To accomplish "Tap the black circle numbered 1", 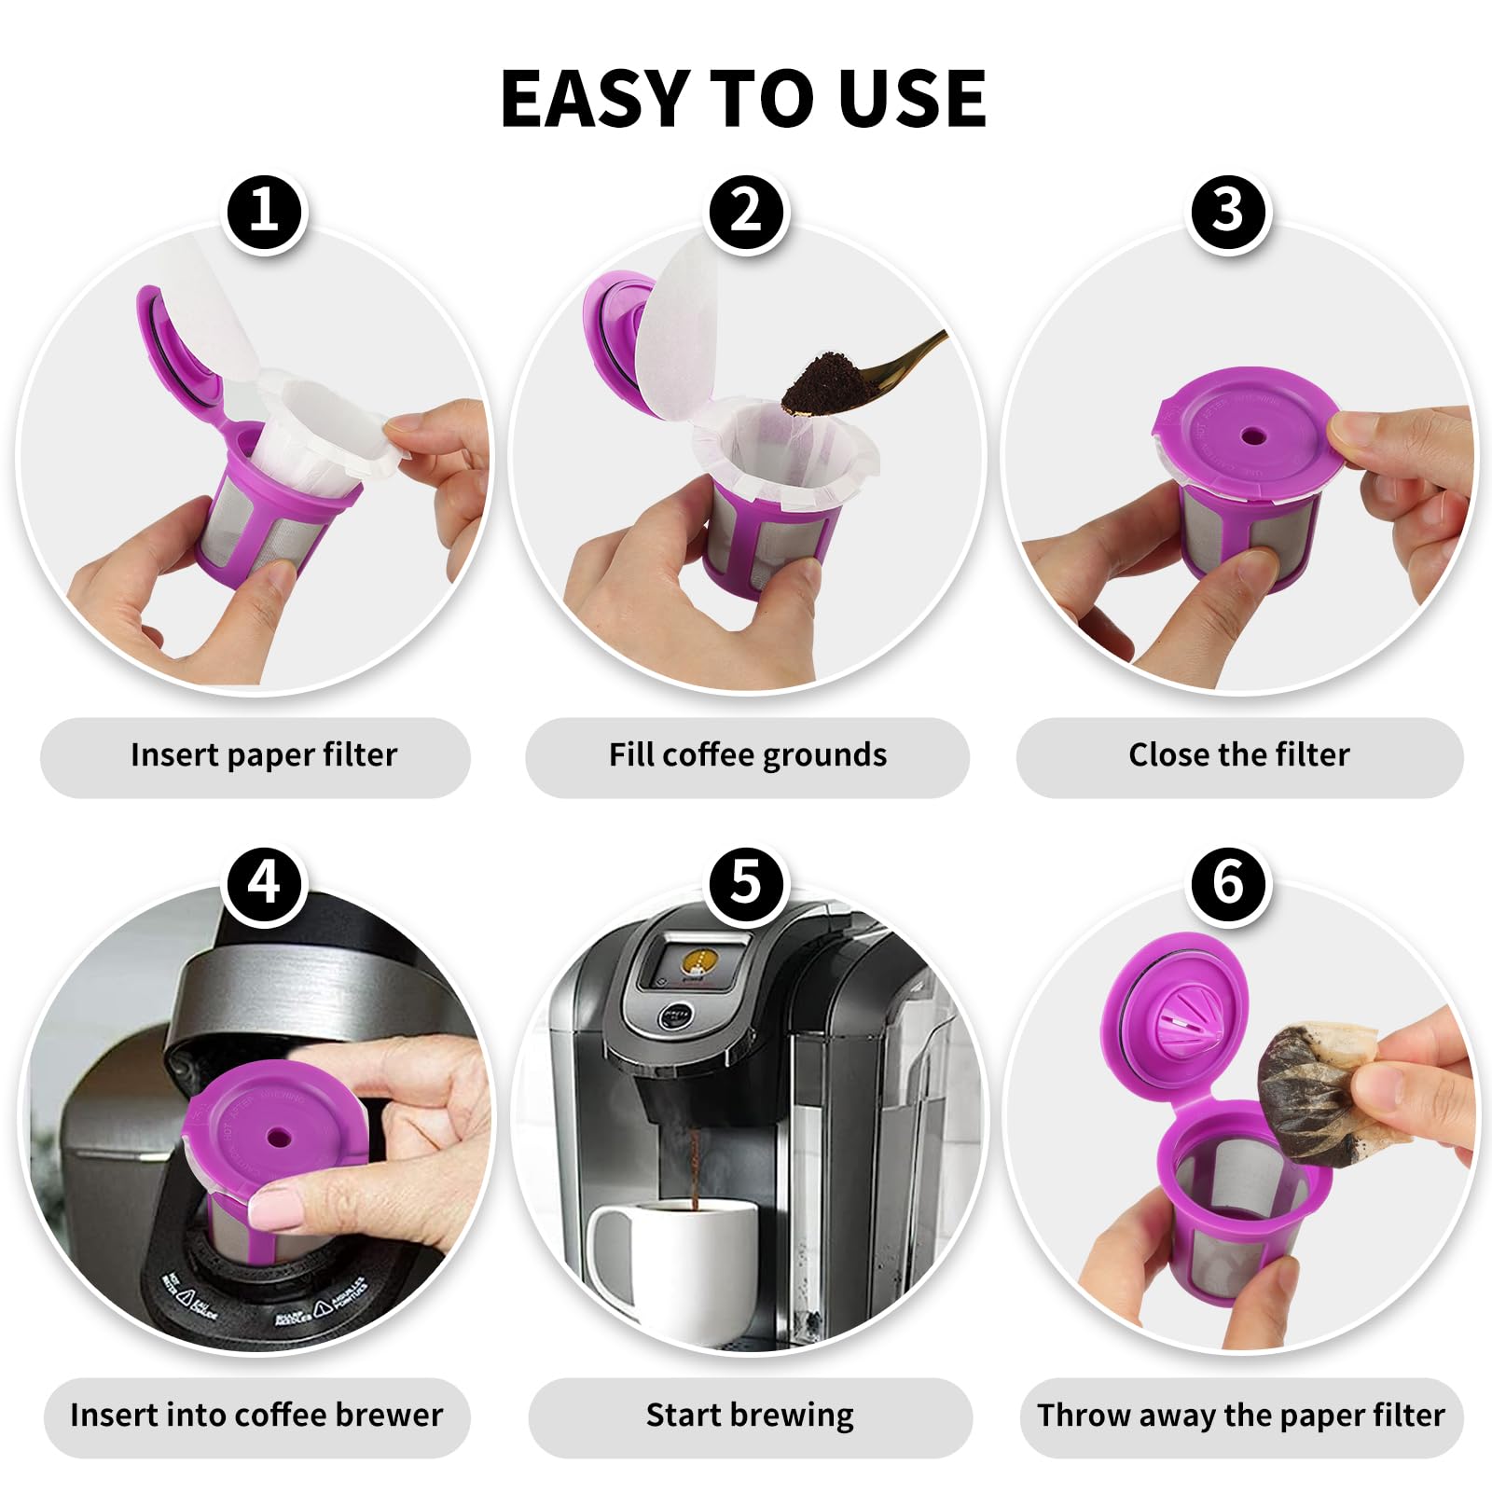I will pos(265,210).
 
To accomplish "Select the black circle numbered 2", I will pos(746,210).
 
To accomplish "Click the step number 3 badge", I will pos(1228,210).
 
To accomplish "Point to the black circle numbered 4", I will pos(265,881).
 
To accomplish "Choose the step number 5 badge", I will pos(746,881).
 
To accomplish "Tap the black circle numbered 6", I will pos(1228,881).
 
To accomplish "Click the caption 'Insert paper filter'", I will pos(264,754).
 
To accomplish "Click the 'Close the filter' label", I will pos(1238,754).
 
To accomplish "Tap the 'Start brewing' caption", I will pos(750,1415).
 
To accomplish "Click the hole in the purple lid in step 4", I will pos(278,1138).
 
